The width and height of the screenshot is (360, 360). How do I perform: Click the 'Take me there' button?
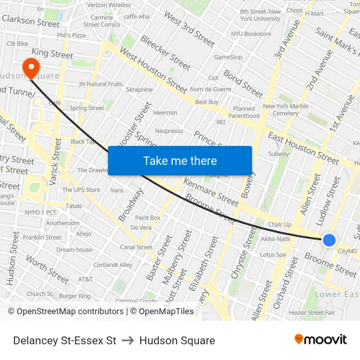pos(180,161)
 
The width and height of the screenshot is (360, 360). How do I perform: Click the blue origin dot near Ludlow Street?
pos(330,241)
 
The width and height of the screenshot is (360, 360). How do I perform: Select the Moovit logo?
pos(321,340)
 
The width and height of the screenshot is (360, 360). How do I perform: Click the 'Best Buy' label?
pos(207,102)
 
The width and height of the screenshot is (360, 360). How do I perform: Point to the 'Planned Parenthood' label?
pos(244,113)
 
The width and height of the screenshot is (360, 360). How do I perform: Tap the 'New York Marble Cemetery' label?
pos(285,109)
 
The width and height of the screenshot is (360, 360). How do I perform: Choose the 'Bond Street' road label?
pos(243,84)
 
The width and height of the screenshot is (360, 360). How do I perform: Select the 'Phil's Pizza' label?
pos(71,35)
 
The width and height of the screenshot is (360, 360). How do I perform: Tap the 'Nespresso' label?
pos(169,131)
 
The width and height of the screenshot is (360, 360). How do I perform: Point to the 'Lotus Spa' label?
pos(273,255)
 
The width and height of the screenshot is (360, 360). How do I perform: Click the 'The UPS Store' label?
pos(81,190)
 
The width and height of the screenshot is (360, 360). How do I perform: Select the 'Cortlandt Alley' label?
pos(113,265)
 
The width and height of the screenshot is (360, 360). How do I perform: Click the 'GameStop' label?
pos(228,57)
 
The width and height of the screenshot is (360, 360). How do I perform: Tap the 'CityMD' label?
pos(348,251)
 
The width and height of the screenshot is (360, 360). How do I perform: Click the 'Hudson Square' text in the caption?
pos(177,340)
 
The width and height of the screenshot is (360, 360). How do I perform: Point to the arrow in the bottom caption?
pos(128,340)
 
